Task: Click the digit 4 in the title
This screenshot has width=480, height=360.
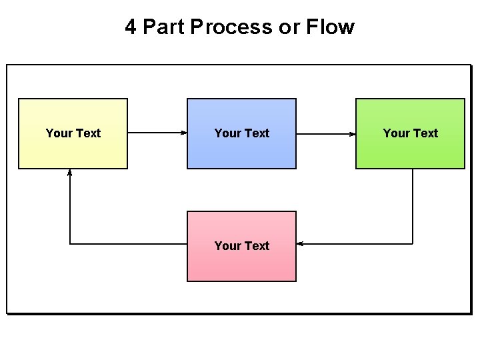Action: (x=131, y=27)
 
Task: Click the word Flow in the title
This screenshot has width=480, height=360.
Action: (x=330, y=27)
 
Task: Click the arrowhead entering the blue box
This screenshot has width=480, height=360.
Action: (x=184, y=133)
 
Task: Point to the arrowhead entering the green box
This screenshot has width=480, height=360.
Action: (x=353, y=133)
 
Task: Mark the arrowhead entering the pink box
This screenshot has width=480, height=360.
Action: (x=300, y=244)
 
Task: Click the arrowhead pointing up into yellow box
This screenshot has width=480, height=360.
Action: (x=70, y=172)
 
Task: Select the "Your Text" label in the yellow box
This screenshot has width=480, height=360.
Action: (x=73, y=133)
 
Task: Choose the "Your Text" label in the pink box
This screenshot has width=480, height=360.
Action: (x=241, y=245)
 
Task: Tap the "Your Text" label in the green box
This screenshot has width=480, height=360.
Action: (x=410, y=133)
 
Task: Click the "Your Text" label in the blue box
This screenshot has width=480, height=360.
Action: (x=241, y=133)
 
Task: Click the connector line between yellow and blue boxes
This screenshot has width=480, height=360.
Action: (x=155, y=133)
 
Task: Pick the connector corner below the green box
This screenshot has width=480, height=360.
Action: (x=413, y=244)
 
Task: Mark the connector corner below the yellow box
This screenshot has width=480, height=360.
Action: (x=70, y=244)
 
